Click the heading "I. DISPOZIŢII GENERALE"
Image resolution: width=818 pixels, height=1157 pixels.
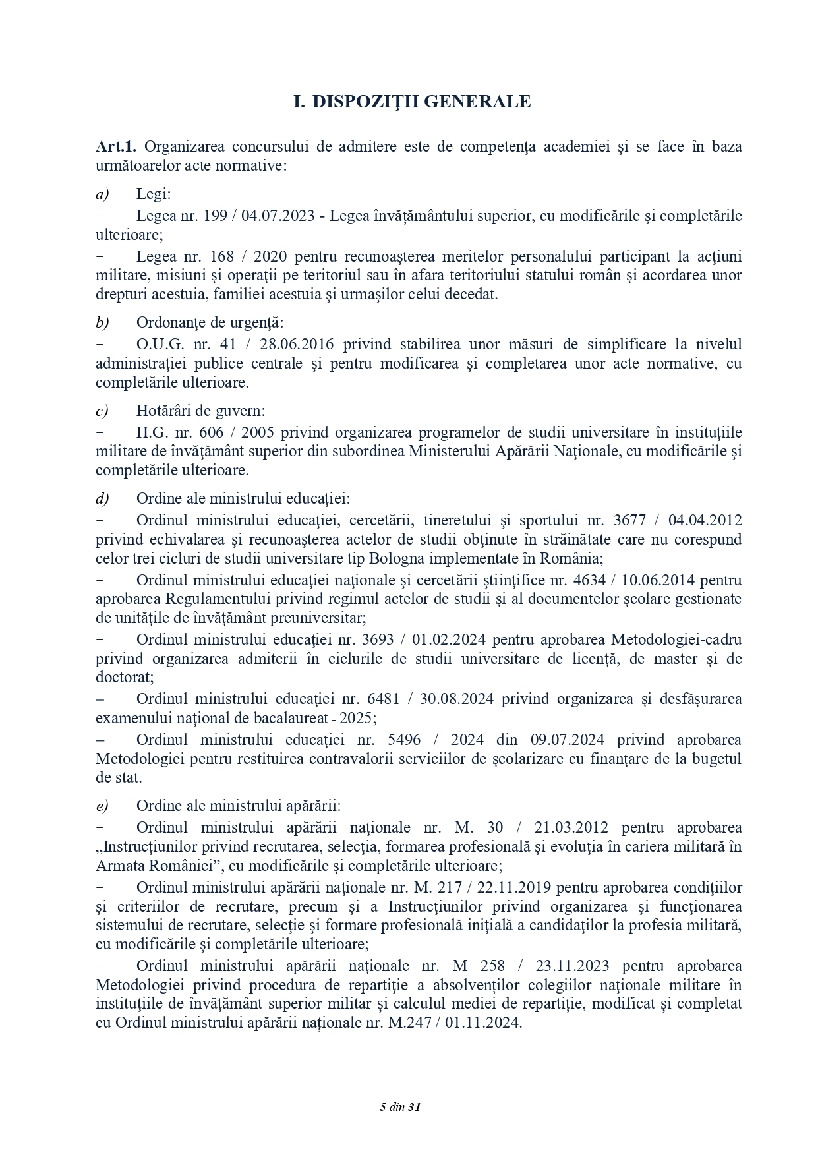411,102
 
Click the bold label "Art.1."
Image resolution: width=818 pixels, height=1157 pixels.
115,146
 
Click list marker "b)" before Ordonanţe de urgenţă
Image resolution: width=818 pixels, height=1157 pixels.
102,322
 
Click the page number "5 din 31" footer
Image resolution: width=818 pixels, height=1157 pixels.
400,1107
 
